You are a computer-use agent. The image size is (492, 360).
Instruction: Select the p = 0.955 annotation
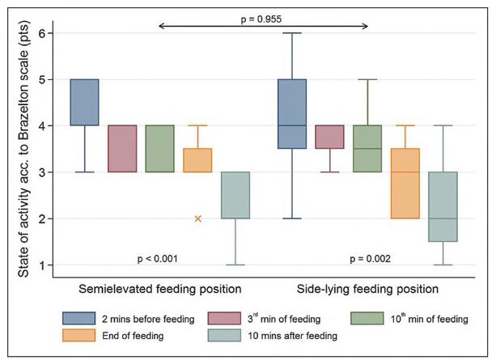[x=264, y=18]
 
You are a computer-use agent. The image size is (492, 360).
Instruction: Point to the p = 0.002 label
[x=370, y=259]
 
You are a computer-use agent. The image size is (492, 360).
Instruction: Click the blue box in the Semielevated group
[x=84, y=102]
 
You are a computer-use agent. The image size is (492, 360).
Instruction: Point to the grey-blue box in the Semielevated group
[x=234, y=195]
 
